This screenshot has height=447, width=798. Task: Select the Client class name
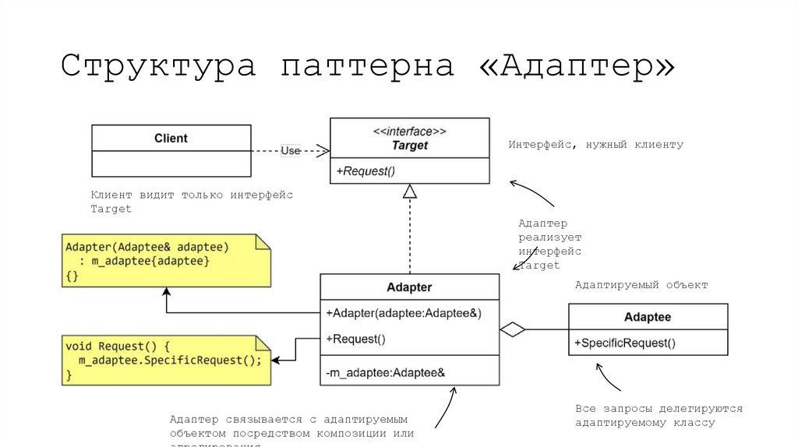tap(171, 138)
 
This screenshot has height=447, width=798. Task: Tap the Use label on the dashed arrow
tap(290, 150)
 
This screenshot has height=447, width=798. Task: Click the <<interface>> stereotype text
tap(410, 132)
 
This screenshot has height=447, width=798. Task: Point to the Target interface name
tap(410, 146)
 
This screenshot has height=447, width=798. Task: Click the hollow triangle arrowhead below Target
tap(410, 192)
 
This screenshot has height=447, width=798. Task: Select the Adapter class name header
tap(409, 287)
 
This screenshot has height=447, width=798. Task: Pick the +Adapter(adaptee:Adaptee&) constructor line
tap(404, 313)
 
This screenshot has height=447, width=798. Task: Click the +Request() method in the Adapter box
tap(356, 339)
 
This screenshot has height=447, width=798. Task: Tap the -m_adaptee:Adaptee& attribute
tap(385, 373)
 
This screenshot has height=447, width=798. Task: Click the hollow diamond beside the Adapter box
tap(512, 329)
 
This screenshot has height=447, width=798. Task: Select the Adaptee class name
tap(648, 317)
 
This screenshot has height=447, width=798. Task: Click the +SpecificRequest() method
tap(625, 343)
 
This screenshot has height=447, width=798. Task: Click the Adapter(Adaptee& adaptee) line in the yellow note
tap(147, 247)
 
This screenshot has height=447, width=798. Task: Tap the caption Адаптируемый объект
tap(641, 285)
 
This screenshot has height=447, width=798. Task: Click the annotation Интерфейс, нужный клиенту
tap(595, 145)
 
